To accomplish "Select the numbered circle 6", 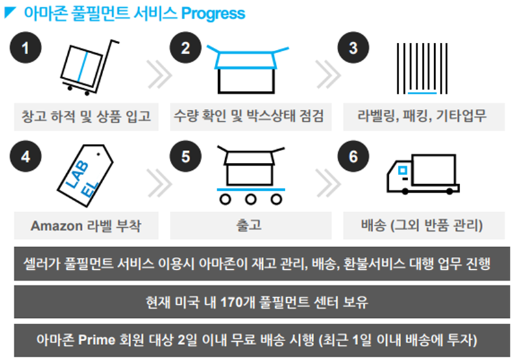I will coord(353,158).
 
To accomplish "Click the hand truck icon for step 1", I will coord(82,65).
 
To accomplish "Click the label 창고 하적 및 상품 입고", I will coord(86,117).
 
